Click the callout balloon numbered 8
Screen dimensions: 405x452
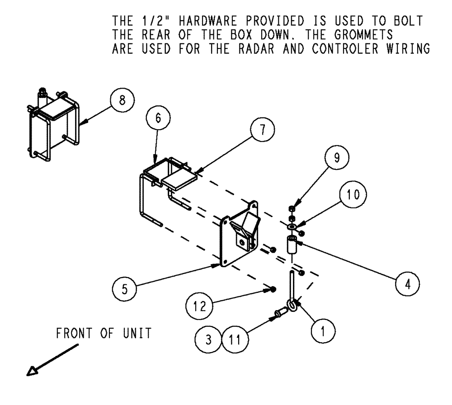point(120,100)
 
